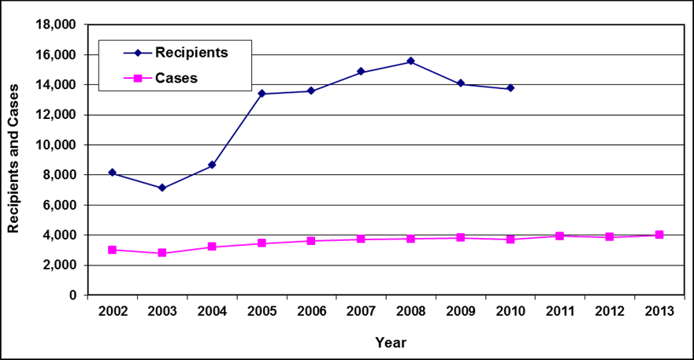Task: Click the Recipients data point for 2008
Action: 410,61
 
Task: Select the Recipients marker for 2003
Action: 162,187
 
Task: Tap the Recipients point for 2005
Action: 262,94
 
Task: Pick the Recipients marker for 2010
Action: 510,88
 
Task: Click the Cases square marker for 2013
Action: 659,235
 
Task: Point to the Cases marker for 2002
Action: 113,250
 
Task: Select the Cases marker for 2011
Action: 560,236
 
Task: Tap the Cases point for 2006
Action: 311,241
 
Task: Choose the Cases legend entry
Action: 176,77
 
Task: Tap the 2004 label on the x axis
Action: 212,311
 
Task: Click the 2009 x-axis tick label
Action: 461,311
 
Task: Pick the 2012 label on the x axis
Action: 610,311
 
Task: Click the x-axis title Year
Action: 391,343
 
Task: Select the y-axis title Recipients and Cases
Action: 13,159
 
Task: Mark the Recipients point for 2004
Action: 212,165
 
